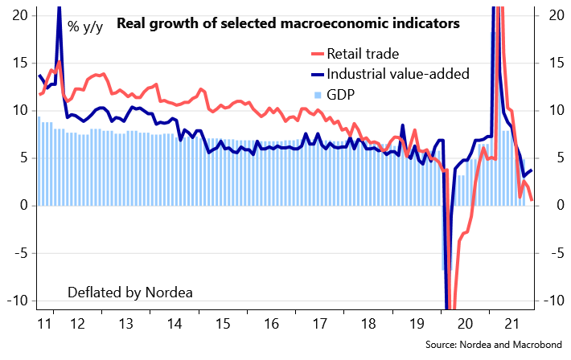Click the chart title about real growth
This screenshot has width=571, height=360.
pyautogui.click(x=288, y=23)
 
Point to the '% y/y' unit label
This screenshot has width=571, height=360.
pyautogui.click(x=84, y=27)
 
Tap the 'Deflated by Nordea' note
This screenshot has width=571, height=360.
pyautogui.click(x=130, y=292)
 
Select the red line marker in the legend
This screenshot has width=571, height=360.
pyautogui.click(x=317, y=55)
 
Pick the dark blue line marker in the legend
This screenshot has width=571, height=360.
pyautogui.click(x=317, y=76)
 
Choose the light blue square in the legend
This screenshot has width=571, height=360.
pyautogui.click(x=318, y=96)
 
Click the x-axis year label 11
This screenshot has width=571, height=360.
pyautogui.click(x=45, y=325)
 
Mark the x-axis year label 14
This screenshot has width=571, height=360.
pyautogui.click(x=174, y=325)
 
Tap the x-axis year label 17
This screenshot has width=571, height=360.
pyautogui.click(x=319, y=325)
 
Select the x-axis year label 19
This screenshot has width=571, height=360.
pyautogui.click(x=417, y=325)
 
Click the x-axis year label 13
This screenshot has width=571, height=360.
pyautogui.click(x=125, y=325)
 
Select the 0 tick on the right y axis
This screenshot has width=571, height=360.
pyautogui.click(x=553, y=206)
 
